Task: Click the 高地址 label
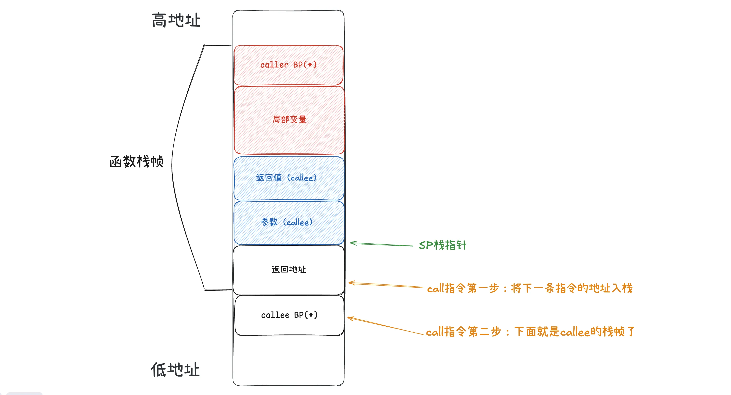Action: pyautogui.click(x=176, y=20)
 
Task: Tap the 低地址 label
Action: pyautogui.click(x=175, y=370)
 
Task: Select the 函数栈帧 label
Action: pyautogui.click(x=136, y=162)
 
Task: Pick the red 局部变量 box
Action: pyautogui.click(x=289, y=120)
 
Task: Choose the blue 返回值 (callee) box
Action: pyautogui.click(x=289, y=178)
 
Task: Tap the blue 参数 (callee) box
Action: pyautogui.click(x=289, y=222)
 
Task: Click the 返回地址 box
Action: pyautogui.click(x=289, y=270)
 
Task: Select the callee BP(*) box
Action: pyautogui.click(x=289, y=315)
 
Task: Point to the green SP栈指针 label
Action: pyautogui.click(x=442, y=245)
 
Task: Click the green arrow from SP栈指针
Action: pyautogui.click(x=382, y=244)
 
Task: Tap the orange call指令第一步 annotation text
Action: pyautogui.click(x=529, y=288)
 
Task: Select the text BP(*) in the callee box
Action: pyautogui.click(x=306, y=315)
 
